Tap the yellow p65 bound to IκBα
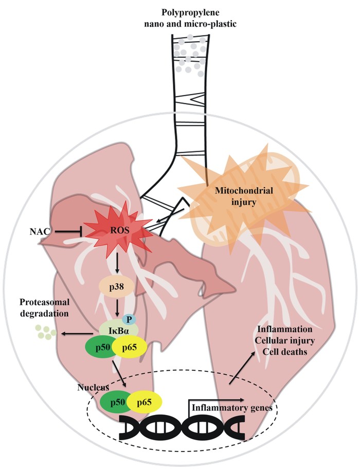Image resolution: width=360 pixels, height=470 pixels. pyautogui.click(x=131, y=348)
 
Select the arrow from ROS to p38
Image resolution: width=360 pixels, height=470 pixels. pyautogui.click(x=117, y=265)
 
